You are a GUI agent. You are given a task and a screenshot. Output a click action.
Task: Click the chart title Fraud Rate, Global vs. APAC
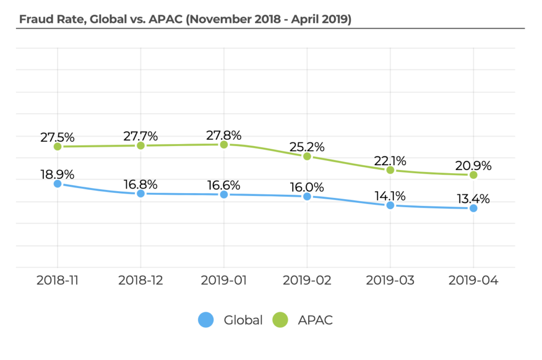pyautogui.click(x=185, y=20)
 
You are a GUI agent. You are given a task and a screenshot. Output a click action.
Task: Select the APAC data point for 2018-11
pyautogui.click(x=58, y=147)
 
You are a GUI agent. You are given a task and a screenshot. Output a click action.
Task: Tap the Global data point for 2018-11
pyautogui.click(x=58, y=184)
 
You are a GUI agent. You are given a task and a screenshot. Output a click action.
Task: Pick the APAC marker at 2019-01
pyautogui.click(x=224, y=145)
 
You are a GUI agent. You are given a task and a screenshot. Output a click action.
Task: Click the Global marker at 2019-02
pyautogui.click(x=307, y=196)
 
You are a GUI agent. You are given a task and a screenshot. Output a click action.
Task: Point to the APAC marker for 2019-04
pyautogui.click(x=473, y=175)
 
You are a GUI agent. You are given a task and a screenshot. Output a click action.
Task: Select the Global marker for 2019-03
pyautogui.click(x=390, y=205)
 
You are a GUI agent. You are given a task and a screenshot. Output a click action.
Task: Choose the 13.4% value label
pyautogui.click(x=473, y=199)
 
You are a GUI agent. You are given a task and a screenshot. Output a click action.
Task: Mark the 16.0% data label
pyautogui.click(x=307, y=187)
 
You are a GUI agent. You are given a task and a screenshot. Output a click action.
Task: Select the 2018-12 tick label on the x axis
pyautogui.click(x=141, y=280)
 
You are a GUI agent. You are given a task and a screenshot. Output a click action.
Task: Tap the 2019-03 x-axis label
pyautogui.click(x=390, y=280)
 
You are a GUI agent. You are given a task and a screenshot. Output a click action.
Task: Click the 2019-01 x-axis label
pyautogui.click(x=224, y=280)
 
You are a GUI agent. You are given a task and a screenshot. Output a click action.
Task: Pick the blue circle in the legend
pyautogui.click(x=206, y=320)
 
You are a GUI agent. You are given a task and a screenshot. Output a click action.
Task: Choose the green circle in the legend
pyautogui.click(x=280, y=320)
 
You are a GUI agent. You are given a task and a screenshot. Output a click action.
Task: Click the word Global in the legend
pyautogui.click(x=243, y=320)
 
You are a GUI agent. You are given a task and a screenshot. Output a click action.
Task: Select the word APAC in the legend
pyautogui.click(x=315, y=320)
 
